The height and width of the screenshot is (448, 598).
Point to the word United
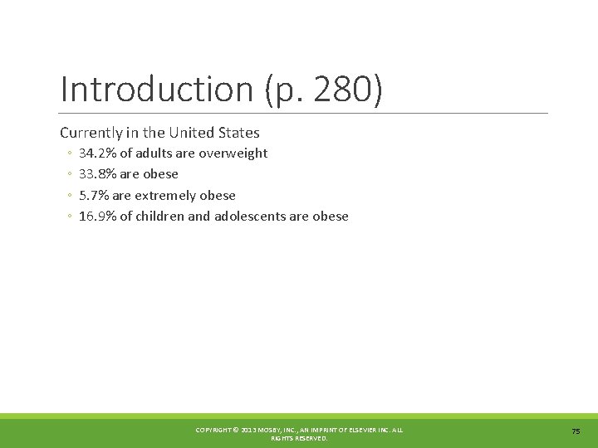pos(192,133)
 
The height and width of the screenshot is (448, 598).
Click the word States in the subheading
pos(239,133)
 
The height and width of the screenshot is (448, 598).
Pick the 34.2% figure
pos(97,153)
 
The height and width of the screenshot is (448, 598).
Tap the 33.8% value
pos(97,174)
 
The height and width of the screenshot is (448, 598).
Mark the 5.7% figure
pos(94,196)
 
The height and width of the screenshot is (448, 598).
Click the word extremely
pos(164,196)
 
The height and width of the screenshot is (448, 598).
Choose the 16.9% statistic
pos(97,217)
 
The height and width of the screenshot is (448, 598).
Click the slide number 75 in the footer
pos(576,431)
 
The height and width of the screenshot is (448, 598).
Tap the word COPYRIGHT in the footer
pos(213,430)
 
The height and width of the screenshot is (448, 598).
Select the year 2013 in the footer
pos(248,430)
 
